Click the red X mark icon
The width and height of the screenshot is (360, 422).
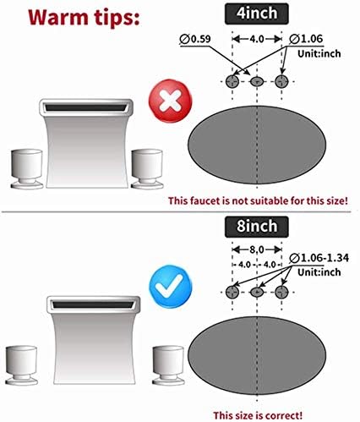click(x=170, y=101)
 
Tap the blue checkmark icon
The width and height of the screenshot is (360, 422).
click(x=170, y=286)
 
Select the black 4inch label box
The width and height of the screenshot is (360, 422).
click(x=257, y=14)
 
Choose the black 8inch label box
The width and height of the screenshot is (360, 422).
click(x=257, y=227)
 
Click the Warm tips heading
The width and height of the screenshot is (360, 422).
click(x=84, y=18)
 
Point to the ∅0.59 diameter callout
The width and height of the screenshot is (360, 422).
click(x=195, y=39)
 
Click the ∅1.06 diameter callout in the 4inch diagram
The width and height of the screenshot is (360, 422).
click(x=306, y=39)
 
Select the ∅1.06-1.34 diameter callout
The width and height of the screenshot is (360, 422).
click(x=319, y=258)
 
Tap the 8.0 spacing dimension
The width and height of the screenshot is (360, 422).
click(x=257, y=249)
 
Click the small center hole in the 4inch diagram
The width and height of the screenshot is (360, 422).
click(x=257, y=82)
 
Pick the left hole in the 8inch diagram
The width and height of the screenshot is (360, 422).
click(x=232, y=292)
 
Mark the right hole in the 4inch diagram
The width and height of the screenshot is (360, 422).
click(x=281, y=81)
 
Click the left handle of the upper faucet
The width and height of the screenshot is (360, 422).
click(x=27, y=169)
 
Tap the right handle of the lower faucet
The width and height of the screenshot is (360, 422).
click(x=168, y=365)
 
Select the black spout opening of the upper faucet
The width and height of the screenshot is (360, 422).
click(x=85, y=107)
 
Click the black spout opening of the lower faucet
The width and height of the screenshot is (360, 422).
click(x=93, y=304)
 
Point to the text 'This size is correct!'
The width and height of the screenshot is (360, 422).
click(x=258, y=415)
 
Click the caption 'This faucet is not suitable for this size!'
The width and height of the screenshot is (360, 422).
click(x=258, y=200)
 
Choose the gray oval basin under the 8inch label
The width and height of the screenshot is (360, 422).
click(x=257, y=355)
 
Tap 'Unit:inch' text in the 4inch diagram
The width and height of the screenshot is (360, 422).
click(x=319, y=53)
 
